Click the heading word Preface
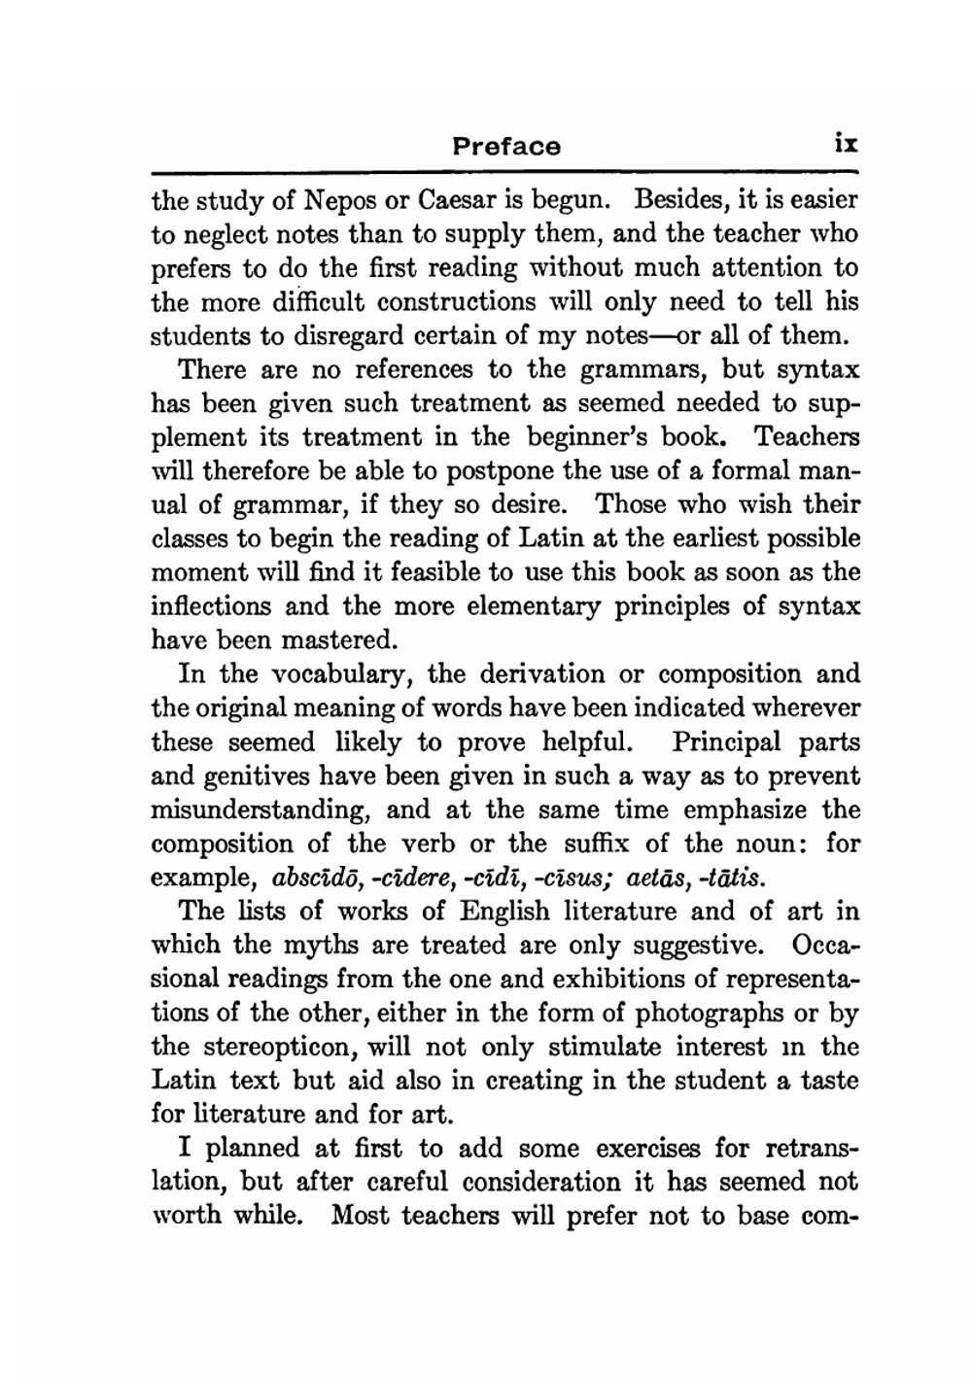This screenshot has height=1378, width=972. (506, 147)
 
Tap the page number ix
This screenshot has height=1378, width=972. (845, 144)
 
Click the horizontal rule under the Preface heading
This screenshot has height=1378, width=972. (504, 173)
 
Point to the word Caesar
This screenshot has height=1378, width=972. (457, 201)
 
